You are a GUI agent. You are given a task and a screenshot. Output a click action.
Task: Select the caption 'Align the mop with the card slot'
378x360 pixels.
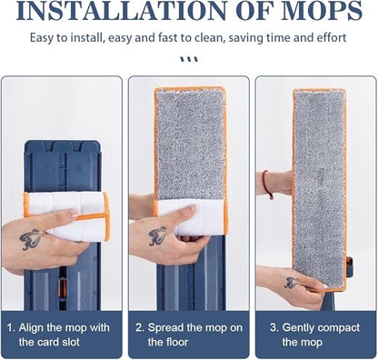[x=61, y=334]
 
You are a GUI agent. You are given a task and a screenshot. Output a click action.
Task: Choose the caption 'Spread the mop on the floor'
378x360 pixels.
[x=187, y=334]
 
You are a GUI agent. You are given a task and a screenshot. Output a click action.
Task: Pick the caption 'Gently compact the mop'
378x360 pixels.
[x=313, y=334]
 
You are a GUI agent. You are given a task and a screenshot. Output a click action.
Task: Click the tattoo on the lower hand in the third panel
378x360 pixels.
[x=293, y=284]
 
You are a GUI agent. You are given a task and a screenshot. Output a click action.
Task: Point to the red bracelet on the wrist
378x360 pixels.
[x=267, y=184]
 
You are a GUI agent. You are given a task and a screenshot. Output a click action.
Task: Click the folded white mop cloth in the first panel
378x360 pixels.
[x=67, y=215]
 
